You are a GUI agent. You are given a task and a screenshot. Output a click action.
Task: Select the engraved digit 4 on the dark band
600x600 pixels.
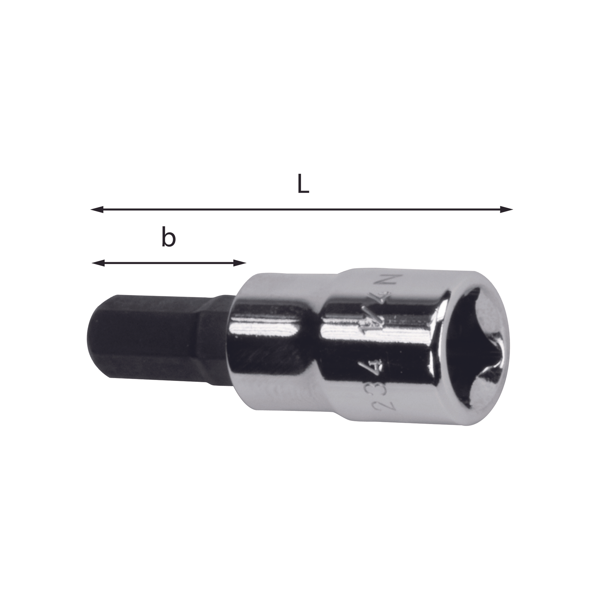click(375, 369)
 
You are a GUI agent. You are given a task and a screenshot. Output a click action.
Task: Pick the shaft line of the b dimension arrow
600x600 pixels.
click(169, 263)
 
